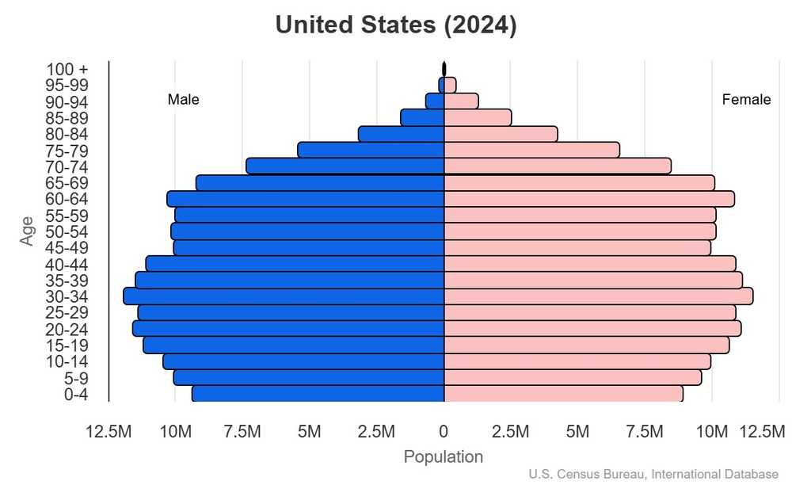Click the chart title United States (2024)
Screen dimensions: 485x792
click(x=396, y=25)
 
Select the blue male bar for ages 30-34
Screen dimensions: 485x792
click(x=284, y=296)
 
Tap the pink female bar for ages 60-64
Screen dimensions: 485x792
click(x=588, y=199)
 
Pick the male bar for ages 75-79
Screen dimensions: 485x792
click(x=371, y=150)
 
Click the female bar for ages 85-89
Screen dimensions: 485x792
click(x=477, y=117)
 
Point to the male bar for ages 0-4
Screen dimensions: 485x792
click(x=318, y=394)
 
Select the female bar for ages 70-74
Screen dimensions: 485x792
click(x=557, y=166)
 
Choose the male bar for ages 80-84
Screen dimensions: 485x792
click(x=401, y=134)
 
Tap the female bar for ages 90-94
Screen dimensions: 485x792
click(x=460, y=101)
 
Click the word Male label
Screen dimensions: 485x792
click(x=183, y=100)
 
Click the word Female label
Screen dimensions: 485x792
click(x=746, y=100)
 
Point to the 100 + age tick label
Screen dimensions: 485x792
click(x=67, y=69)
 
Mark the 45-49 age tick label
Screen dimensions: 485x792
click(x=67, y=248)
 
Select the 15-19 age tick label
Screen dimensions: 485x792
click(x=67, y=346)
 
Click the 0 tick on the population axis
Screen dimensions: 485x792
click(x=444, y=431)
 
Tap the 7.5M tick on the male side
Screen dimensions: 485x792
click(x=242, y=431)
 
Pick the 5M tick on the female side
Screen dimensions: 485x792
click(x=577, y=431)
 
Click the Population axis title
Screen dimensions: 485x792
click(x=443, y=457)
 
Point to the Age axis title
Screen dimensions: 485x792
click(x=28, y=231)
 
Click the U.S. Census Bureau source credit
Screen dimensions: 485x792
click(x=653, y=475)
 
